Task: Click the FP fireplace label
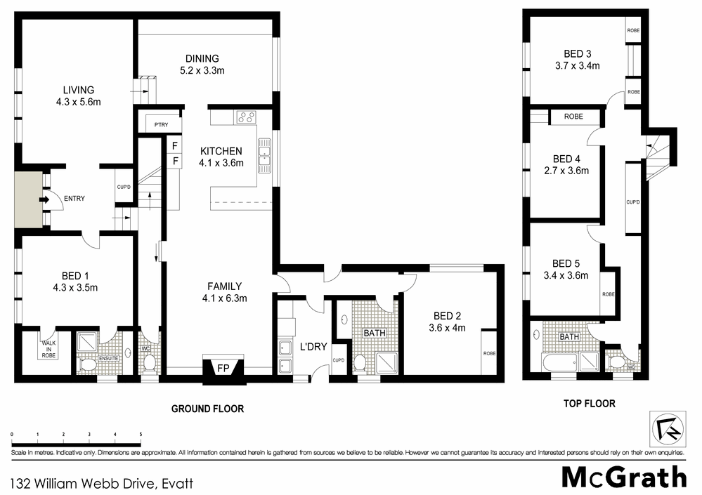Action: pyautogui.click(x=222, y=367)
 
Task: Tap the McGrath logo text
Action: pyautogui.click(x=624, y=477)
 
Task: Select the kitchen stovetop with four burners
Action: pyautogui.click(x=245, y=117)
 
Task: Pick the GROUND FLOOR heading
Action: pyautogui.click(x=208, y=409)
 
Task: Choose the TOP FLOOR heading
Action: pyautogui.click(x=590, y=404)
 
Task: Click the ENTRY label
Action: pyautogui.click(x=74, y=199)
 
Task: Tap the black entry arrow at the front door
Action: pyautogui.click(x=44, y=199)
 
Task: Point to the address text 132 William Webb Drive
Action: pyautogui.click(x=102, y=483)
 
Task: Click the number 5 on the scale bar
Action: pyautogui.click(x=141, y=435)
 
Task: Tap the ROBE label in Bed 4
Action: pyautogui.click(x=573, y=117)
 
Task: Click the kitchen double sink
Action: pyautogui.click(x=265, y=155)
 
